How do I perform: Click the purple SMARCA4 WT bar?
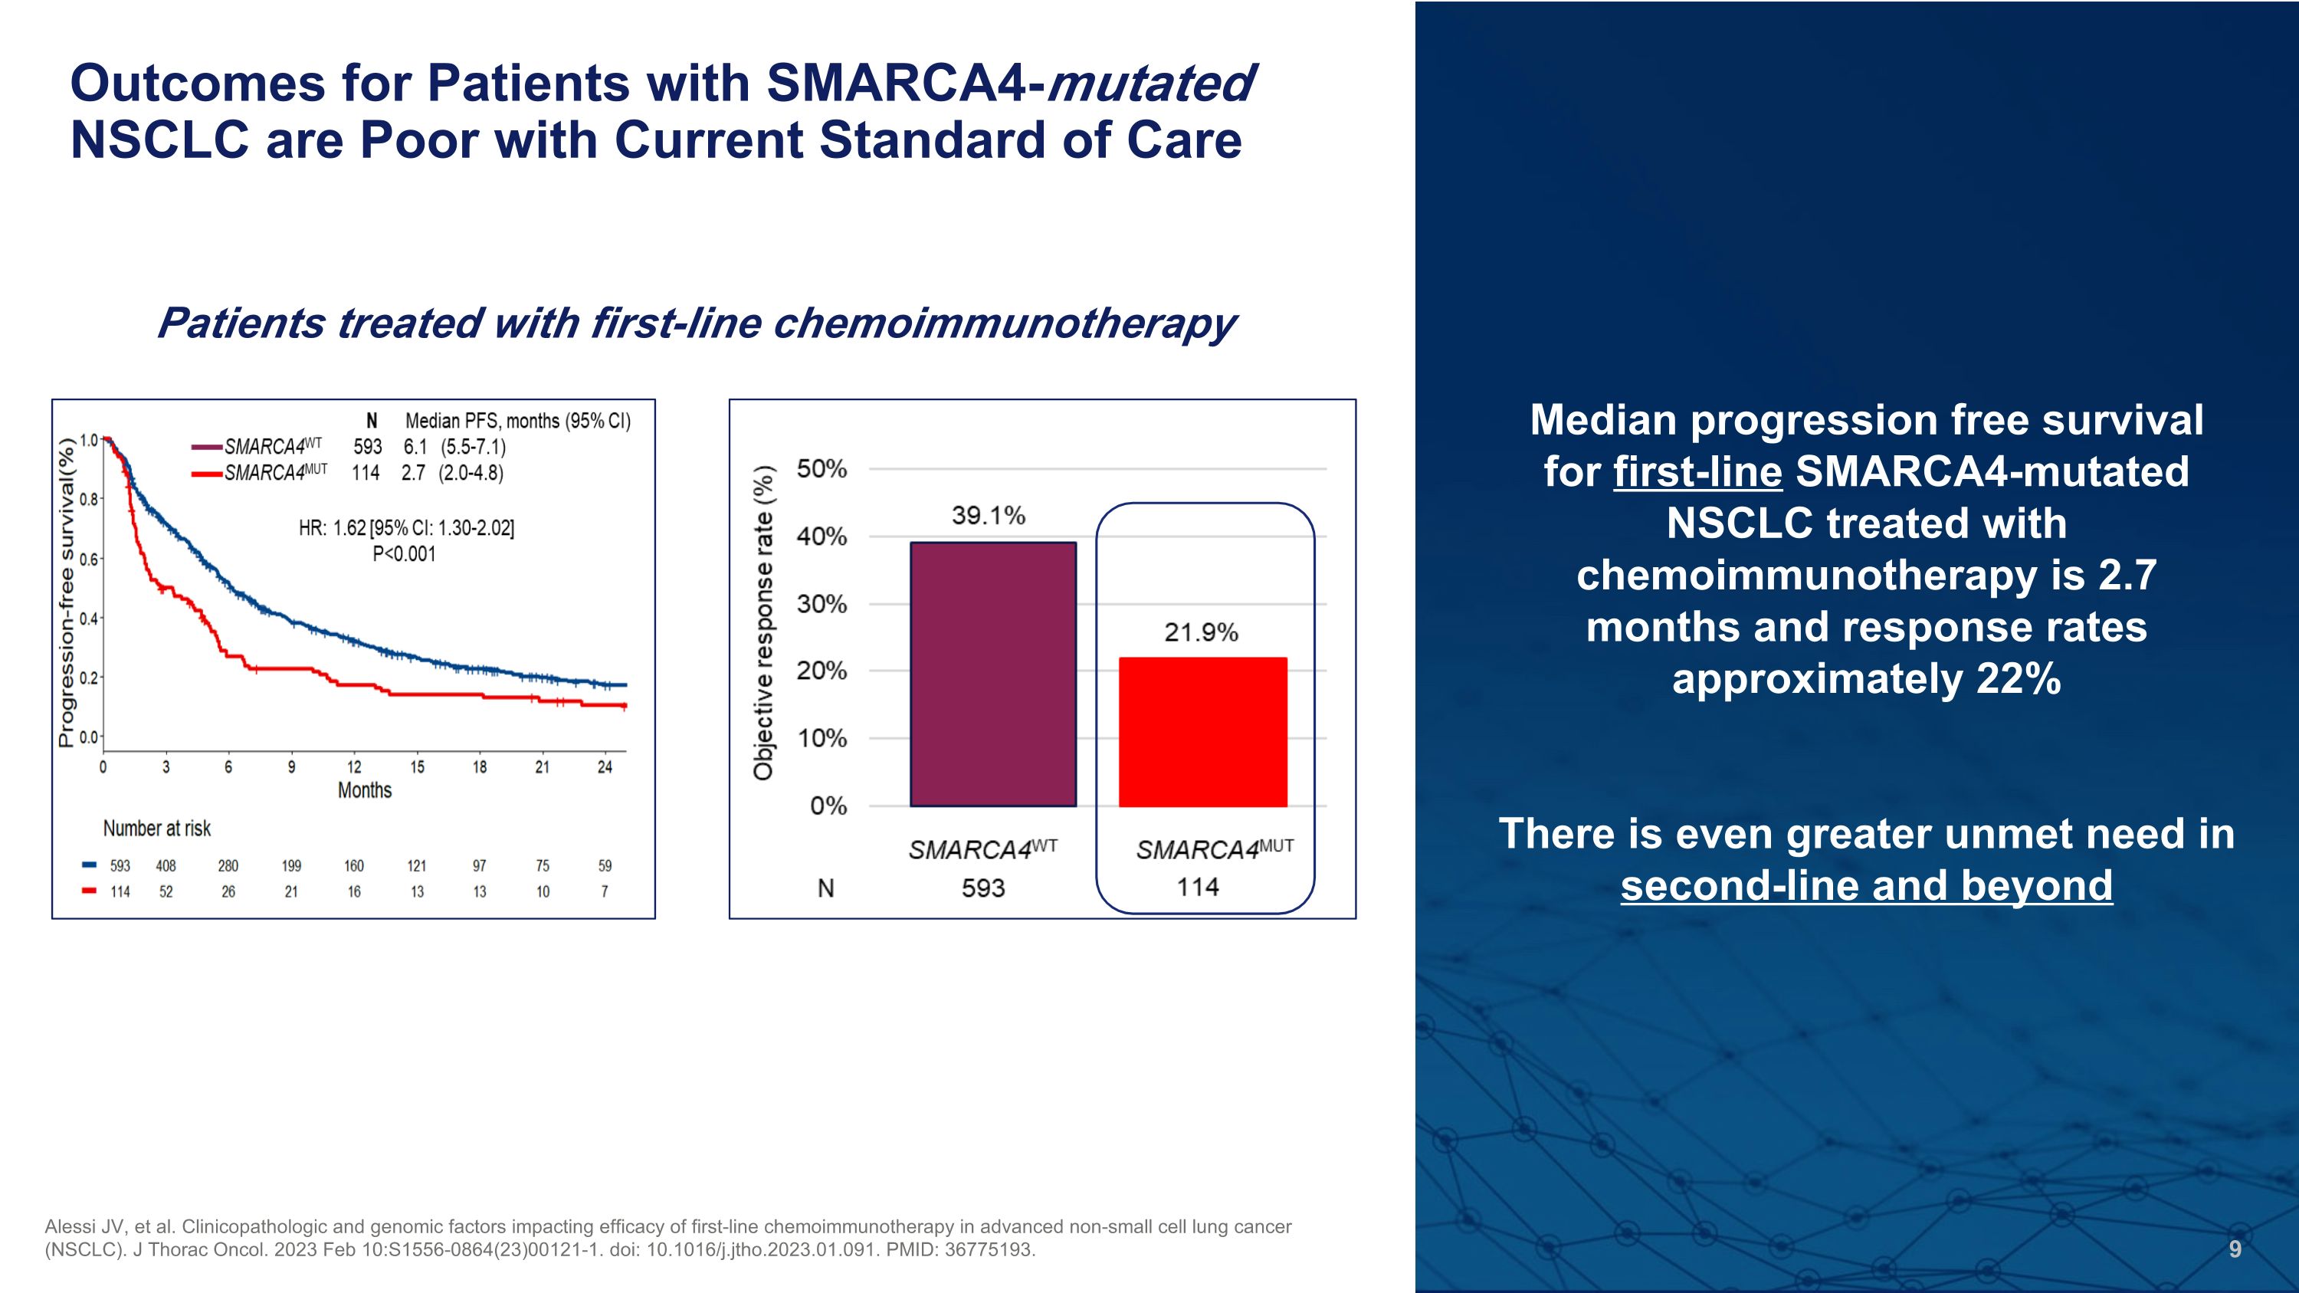click(992, 674)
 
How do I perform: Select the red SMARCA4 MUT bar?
click(1202, 732)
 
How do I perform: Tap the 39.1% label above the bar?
click(988, 516)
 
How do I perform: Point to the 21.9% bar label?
click(1200, 632)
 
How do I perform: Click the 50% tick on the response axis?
click(821, 469)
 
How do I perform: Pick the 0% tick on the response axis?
click(828, 806)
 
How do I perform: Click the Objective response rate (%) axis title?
click(763, 623)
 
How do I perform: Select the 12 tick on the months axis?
click(354, 767)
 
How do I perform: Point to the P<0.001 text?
click(405, 554)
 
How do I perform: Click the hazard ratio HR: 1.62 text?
click(406, 528)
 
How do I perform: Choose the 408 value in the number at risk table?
click(166, 865)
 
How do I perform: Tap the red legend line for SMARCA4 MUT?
click(206, 474)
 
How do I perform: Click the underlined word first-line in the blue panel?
click(1697, 472)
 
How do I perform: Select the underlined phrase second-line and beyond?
click(1866, 886)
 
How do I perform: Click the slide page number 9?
click(2235, 1249)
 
